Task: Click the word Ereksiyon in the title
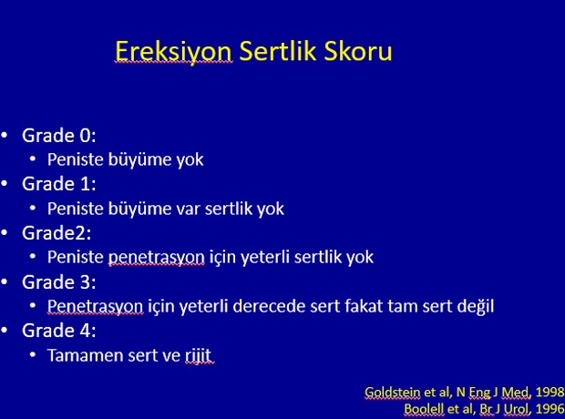(173, 52)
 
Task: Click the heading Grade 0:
(59, 136)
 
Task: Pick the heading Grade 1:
(59, 184)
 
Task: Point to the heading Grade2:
(56, 233)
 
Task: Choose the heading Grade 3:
(59, 281)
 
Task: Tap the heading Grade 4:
(59, 331)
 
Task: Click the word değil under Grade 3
(476, 306)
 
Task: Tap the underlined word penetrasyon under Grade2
(157, 258)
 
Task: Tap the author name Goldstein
(392, 392)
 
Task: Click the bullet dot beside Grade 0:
(5, 136)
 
